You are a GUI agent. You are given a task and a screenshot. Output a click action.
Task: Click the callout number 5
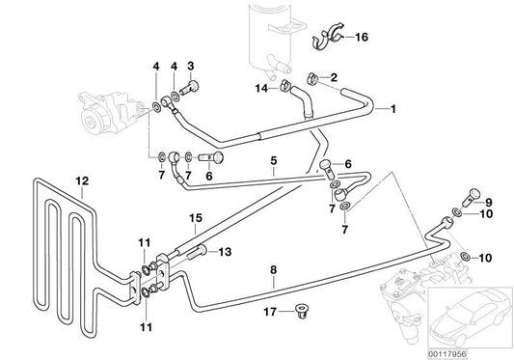click(274, 162)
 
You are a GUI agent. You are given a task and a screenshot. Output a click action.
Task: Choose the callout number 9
click(488, 202)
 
